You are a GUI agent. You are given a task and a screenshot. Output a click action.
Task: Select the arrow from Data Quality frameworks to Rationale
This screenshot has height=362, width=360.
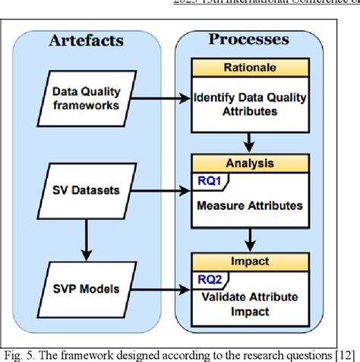click(x=159, y=97)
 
